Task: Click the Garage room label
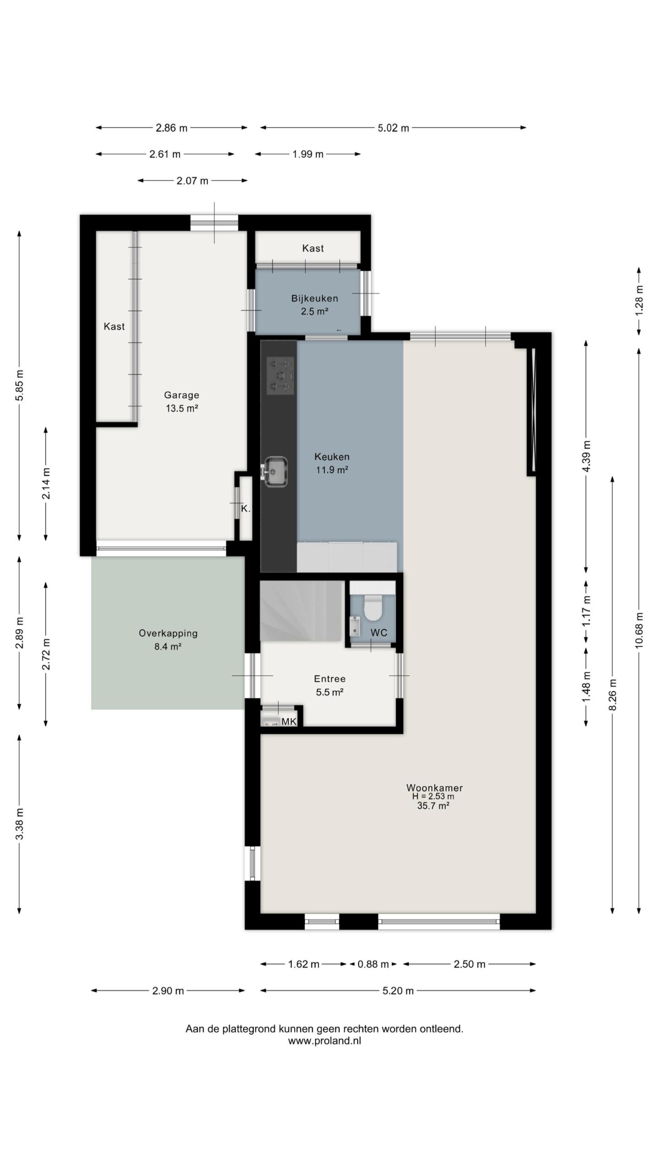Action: [181, 395]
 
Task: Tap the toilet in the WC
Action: [373, 608]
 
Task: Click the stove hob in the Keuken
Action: [280, 376]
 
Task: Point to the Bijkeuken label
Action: [315, 298]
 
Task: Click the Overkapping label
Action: [168, 633]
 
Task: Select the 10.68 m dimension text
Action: [639, 629]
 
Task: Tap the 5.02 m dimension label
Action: [393, 128]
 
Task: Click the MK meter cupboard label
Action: [289, 722]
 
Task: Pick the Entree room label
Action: [329, 679]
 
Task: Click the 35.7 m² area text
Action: [433, 806]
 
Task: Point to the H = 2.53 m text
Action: [433, 796]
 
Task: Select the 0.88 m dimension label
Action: [373, 964]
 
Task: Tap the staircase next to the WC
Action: [302, 611]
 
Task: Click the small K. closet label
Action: [245, 509]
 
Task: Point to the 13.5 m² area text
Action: [181, 409]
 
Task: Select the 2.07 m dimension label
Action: [192, 181]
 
